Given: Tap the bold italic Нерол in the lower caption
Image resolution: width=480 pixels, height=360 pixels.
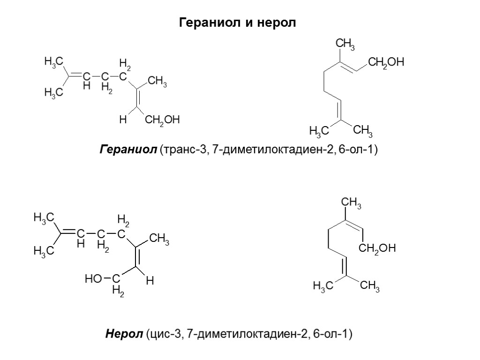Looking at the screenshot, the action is (123, 334).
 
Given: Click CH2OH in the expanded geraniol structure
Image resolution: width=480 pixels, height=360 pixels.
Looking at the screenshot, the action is (163, 121).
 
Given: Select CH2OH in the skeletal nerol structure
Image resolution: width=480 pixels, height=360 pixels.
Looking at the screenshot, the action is (378, 248).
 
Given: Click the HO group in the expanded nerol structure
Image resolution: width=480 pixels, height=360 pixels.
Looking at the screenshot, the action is (93, 280).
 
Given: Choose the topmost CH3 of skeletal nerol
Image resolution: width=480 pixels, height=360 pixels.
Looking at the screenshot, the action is (351, 203).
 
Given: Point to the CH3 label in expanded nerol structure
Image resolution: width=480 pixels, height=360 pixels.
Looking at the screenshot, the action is (159, 241).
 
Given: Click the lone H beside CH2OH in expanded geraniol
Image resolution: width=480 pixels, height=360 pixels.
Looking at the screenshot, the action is (123, 120).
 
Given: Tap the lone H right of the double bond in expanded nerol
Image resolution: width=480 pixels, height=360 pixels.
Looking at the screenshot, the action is (150, 281).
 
